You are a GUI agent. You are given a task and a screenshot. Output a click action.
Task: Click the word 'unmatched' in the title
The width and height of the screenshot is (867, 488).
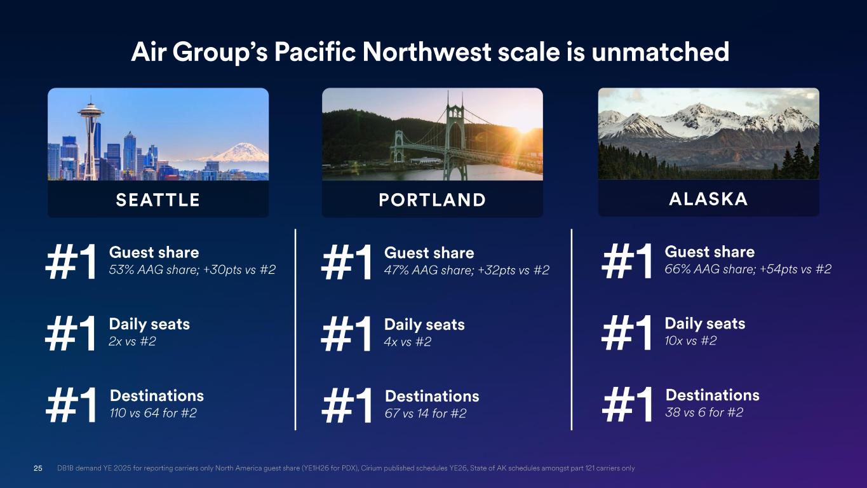pyautogui.click(x=660, y=52)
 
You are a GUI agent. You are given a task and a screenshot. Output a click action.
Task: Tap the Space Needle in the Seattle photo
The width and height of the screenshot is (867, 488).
pyautogui.click(x=90, y=139)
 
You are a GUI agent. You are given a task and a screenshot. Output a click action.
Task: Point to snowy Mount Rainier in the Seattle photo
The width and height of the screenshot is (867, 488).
pyautogui.click(x=237, y=152)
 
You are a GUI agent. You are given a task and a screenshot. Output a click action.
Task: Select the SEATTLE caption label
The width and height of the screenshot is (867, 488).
pyautogui.click(x=158, y=200)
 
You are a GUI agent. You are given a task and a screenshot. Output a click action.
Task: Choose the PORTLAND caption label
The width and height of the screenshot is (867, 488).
pyautogui.click(x=433, y=200)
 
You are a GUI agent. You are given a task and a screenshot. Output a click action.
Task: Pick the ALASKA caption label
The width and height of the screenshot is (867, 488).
pyautogui.click(x=708, y=199)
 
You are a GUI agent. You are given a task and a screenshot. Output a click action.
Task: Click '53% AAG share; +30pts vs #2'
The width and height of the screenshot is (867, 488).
pyautogui.click(x=192, y=269)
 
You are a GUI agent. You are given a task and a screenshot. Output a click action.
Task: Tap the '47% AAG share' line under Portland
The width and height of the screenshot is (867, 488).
pyautogui.click(x=467, y=270)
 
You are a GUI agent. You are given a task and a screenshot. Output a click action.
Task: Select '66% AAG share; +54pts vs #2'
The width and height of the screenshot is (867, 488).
pyautogui.click(x=748, y=269)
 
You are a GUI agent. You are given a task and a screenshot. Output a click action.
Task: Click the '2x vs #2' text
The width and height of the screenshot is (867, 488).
pyautogui.click(x=132, y=341)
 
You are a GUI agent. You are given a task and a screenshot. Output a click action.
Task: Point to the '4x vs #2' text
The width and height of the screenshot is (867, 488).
pyautogui.click(x=408, y=342)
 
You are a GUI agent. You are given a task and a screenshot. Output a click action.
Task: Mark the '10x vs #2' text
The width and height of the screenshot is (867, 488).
pyautogui.click(x=691, y=341)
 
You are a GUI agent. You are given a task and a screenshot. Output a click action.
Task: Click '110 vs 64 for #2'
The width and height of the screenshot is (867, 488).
pyautogui.click(x=153, y=413)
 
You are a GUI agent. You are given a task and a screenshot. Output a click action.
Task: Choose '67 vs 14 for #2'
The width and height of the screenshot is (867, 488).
pyautogui.click(x=426, y=413)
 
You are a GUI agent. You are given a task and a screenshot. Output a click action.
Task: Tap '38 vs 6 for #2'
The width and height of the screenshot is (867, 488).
pyautogui.click(x=704, y=412)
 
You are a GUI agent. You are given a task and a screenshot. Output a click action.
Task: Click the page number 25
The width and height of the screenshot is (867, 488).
pyautogui.click(x=38, y=468)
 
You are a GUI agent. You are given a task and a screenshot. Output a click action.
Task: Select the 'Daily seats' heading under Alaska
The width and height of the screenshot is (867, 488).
pyautogui.click(x=705, y=323)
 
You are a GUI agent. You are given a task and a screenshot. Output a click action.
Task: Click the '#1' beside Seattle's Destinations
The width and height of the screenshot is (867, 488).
pyautogui.click(x=71, y=405)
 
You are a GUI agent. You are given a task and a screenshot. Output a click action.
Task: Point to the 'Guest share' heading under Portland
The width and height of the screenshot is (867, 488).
pyautogui.click(x=429, y=253)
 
